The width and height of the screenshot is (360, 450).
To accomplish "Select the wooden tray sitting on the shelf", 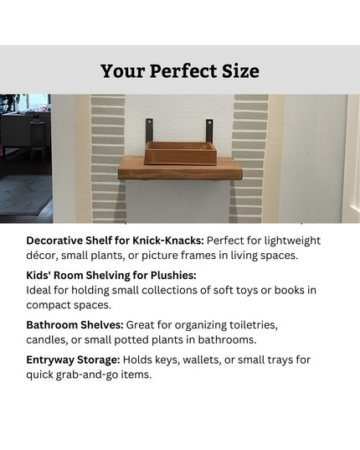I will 179,153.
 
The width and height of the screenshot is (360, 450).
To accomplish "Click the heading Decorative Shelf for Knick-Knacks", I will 115,241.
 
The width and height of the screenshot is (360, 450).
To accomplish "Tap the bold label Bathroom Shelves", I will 75,324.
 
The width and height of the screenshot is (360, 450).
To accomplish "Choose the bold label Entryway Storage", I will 73,359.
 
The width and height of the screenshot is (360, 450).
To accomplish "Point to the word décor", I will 43,255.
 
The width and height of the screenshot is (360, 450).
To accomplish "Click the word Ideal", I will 40,290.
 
